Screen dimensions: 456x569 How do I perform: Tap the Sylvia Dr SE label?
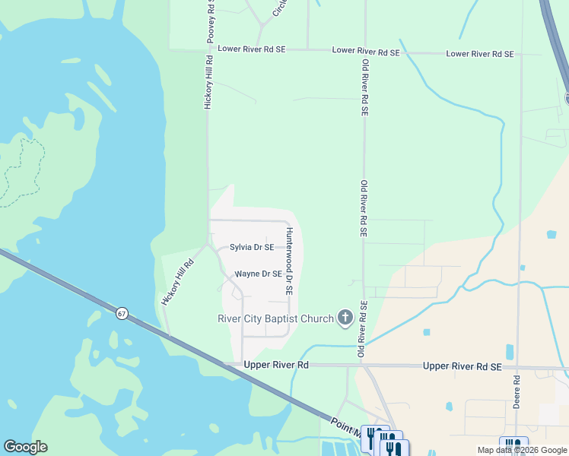[252, 247]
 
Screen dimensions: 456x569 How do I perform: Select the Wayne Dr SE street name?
[259, 274]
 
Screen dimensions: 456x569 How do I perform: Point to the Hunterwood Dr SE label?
[289, 261]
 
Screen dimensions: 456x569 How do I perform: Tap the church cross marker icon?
[345, 318]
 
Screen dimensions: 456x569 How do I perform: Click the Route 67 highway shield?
[122, 313]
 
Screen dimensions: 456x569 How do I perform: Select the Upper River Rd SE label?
[463, 366]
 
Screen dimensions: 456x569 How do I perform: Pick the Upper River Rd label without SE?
[276, 365]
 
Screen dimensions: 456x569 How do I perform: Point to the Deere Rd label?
[516, 392]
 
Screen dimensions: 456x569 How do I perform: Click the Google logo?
[25, 447]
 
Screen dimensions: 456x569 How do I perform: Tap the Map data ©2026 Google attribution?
[522, 450]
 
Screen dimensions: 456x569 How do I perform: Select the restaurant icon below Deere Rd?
[512, 446]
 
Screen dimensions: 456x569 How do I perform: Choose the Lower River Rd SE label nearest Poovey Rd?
[251, 49]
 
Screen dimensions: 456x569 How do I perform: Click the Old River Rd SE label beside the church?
[364, 329]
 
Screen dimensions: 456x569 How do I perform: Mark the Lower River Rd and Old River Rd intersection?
[365, 51]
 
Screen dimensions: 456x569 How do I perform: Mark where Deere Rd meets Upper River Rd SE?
[519, 367]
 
